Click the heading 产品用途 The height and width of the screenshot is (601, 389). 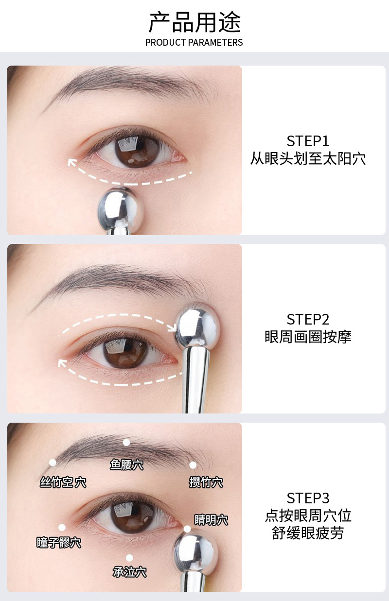point(194,22)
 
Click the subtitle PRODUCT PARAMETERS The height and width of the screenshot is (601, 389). point(194,42)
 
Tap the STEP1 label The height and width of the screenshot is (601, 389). point(308,141)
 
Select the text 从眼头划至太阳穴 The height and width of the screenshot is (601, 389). point(308,159)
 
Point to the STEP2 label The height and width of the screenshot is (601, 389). point(308,319)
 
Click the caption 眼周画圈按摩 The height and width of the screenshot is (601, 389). point(308,337)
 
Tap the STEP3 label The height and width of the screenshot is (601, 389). point(308,498)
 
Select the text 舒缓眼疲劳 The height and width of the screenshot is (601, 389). point(308,533)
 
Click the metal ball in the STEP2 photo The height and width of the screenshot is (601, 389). point(197,325)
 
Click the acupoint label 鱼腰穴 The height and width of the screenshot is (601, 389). point(126,465)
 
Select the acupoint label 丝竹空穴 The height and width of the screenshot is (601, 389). point(63,482)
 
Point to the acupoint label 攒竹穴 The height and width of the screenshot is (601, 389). point(206,482)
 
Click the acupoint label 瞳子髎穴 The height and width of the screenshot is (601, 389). point(59,543)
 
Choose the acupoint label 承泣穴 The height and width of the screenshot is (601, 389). point(129,572)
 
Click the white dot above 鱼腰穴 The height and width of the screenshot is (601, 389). point(126,442)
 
